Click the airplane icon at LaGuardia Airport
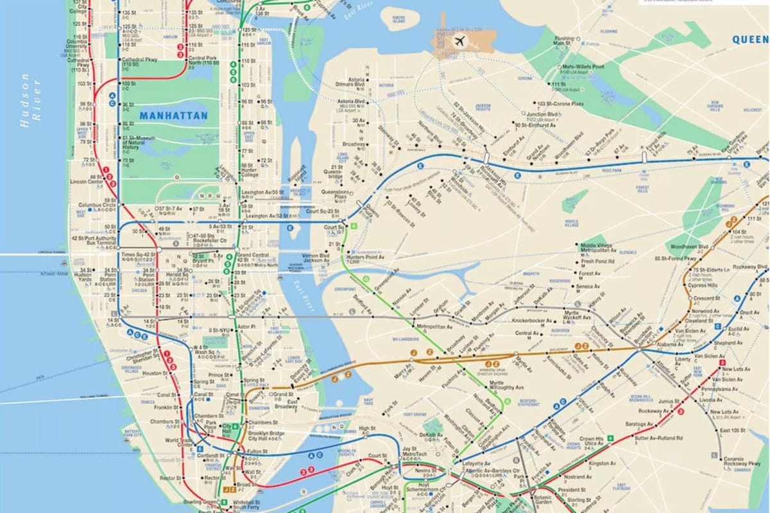459,41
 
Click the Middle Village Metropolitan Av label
598,248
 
